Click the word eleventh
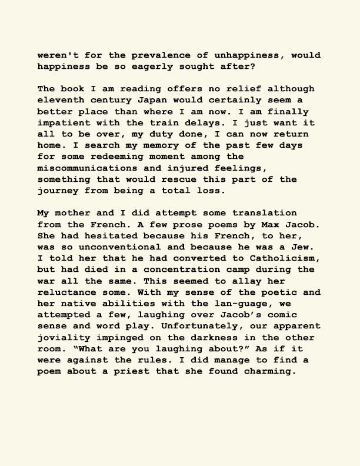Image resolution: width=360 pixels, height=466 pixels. point(61,100)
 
